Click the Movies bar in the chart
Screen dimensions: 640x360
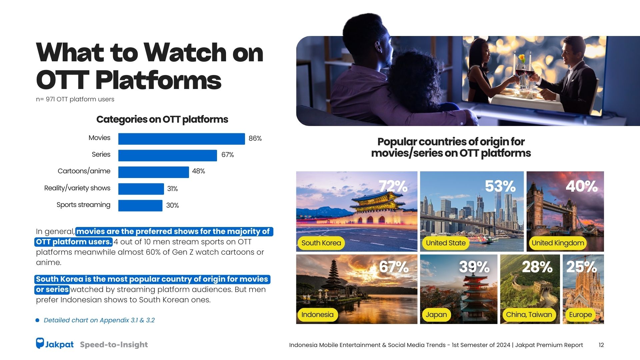(181, 139)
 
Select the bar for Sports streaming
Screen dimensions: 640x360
(140, 205)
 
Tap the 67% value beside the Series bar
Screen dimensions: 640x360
(228, 155)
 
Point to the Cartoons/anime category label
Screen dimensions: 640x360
(84, 171)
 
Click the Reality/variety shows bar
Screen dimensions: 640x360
(141, 189)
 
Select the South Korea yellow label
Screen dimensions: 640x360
(321, 243)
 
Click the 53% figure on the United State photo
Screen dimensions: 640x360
(500, 186)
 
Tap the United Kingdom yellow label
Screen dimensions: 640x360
(558, 243)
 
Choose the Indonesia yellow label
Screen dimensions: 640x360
(317, 315)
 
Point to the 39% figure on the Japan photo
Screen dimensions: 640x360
(474, 267)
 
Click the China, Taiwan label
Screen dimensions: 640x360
(529, 315)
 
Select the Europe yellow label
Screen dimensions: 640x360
(580, 315)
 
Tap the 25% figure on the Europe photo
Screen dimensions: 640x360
(582, 267)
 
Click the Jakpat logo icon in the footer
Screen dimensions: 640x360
(40, 343)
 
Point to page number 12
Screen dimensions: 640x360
(601, 345)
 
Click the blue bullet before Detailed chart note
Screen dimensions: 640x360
(37, 320)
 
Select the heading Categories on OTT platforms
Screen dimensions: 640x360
(162, 120)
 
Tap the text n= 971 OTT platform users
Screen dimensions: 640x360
(75, 99)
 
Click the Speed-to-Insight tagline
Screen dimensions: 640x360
(114, 345)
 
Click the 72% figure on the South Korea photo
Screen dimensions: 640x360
(393, 186)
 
